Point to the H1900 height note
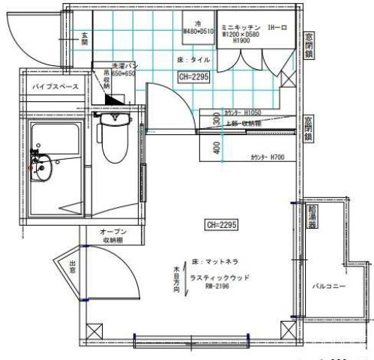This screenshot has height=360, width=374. [x=241, y=42]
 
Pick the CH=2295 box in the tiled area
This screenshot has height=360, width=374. [x=193, y=76]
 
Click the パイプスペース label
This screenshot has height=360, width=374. [x=52, y=88]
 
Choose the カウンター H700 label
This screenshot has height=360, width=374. [x=268, y=158]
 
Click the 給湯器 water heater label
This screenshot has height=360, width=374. [x=312, y=218]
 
